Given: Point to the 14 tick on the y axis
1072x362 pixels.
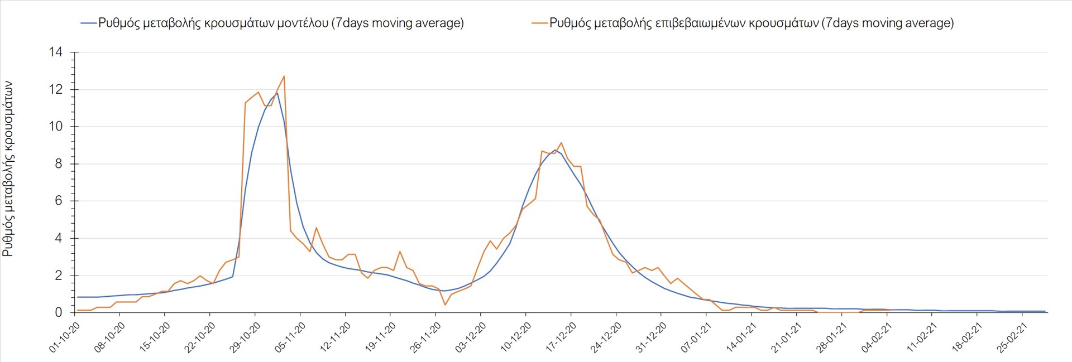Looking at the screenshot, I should coord(56,52).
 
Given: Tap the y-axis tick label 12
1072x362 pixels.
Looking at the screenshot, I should coord(56,90).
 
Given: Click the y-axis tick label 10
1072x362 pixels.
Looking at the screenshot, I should coord(56,127).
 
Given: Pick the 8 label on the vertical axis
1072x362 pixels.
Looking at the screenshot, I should coord(59,164).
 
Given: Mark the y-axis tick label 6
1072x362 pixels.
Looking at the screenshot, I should coord(59,201).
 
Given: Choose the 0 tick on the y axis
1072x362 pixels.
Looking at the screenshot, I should coord(59,312).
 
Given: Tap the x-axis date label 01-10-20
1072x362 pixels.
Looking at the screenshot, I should coord(65,337).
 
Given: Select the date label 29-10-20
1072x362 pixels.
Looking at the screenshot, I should coord(245,337).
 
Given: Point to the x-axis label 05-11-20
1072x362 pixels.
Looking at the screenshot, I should coord(290,337).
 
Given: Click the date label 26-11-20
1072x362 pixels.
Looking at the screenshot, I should coord(425,337).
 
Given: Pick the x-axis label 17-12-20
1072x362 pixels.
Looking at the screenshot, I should coord(561,337).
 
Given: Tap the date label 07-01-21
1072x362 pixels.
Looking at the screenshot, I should coord(696,337).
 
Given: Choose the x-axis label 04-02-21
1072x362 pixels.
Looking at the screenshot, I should coord(877,337).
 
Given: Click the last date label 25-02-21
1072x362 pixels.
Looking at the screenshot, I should coord(1012,337).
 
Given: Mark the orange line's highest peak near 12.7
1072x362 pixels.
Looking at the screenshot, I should coord(284,76).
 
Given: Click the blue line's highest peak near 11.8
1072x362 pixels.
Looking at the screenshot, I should coord(277,93).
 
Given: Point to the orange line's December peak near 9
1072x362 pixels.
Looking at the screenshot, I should coord(561,143).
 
